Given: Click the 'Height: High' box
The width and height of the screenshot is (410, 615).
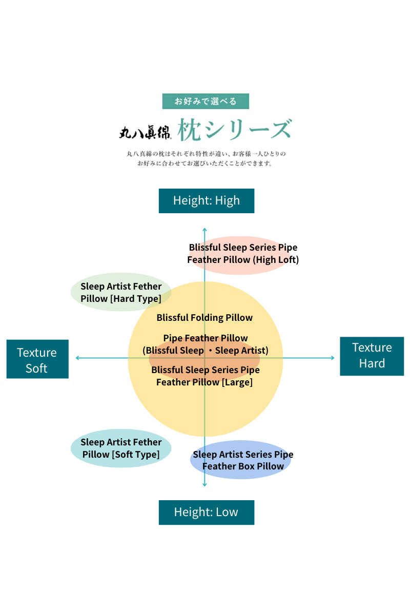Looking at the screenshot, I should (206, 200).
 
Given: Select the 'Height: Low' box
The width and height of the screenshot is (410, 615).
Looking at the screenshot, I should (206, 512).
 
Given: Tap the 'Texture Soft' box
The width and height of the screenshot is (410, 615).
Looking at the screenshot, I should (37, 359).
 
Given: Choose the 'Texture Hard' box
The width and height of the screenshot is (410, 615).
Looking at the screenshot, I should (372, 355).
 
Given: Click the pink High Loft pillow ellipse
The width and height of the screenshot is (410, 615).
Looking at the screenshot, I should (243, 254).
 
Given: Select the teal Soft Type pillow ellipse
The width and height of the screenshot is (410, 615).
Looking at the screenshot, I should (120, 448).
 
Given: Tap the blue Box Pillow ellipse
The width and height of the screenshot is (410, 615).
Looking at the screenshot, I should (241, 460).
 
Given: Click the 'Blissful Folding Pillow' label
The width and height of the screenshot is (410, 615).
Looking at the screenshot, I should (204, 318).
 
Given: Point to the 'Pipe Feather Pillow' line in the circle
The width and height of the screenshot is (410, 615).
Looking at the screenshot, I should (206, 338).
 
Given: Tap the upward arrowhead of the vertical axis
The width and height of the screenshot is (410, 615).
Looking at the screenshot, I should (204, 230).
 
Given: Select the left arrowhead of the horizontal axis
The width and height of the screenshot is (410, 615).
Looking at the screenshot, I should (77, 358).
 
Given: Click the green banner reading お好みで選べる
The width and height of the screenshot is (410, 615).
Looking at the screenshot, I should (206, 101).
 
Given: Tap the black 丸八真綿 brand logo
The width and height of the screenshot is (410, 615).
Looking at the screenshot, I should (145, 132).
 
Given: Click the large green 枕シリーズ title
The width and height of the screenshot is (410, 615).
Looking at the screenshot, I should (235, 130).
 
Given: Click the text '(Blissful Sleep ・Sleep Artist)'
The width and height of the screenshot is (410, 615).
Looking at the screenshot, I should (206, 351).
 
